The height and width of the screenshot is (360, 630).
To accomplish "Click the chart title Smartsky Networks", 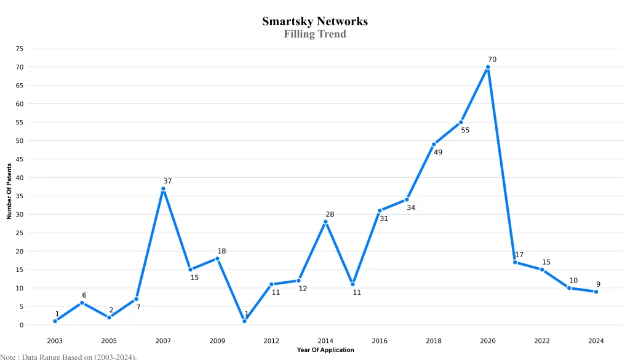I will [x=314, y=22].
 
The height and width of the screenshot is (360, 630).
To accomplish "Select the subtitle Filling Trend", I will [x=314, y=34].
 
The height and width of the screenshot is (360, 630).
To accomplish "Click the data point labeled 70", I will [x=488, y=67].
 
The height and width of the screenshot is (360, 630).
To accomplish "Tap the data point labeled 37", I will [x=163, y=189].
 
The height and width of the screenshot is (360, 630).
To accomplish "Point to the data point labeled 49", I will [x=434, y=144].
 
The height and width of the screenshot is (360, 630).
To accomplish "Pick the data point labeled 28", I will [x=325, y=222].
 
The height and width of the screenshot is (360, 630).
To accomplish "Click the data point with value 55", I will [x=461, y=122].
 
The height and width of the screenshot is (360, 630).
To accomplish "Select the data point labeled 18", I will [x=217, y=258].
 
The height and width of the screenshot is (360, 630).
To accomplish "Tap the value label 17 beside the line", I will [x=519, y=255].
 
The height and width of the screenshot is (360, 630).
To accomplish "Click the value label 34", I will [x=411, y=208].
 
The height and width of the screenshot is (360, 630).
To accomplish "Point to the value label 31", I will [x=384, y=218].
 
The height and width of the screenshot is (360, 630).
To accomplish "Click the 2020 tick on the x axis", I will [x=488, y=341].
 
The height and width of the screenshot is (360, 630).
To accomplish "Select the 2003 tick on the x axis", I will [x=55, y=341].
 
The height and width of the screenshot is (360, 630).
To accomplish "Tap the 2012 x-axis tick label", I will [x=271, y=341].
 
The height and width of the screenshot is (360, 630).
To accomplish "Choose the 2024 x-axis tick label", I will [x=596, y=341].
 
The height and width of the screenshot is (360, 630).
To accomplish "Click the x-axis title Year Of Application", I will [x=325, y=350].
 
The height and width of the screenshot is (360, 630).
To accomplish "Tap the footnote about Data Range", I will [x=68, y=356].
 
